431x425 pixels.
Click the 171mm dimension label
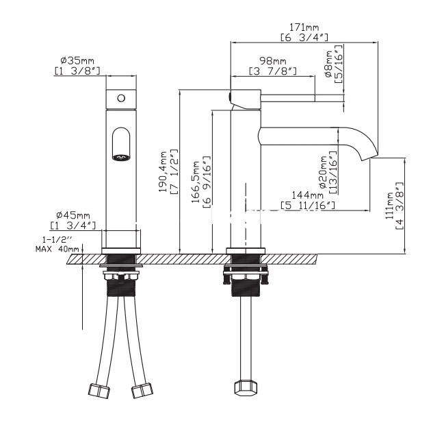tap(304, 27)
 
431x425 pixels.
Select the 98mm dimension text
tap(273, 60)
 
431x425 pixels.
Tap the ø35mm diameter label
tap(77, 60)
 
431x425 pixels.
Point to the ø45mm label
tap(73, 215)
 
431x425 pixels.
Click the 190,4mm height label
tap(164, 171)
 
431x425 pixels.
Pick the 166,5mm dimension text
tap(196, 182)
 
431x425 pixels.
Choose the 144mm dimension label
tap(307, 195)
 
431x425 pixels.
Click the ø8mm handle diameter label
tap(329, 64)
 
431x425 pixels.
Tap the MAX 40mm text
tap(57, 249)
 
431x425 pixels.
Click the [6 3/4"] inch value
tap(304, 37)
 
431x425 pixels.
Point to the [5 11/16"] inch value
tap(308, 205)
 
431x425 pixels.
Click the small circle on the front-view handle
tap(121, 98)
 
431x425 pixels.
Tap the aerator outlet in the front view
tap(121, 157)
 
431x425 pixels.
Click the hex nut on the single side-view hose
tap(246, 387)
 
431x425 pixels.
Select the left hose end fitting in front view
tap(99, 390)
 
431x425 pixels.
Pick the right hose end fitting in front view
tap(142, 390)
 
